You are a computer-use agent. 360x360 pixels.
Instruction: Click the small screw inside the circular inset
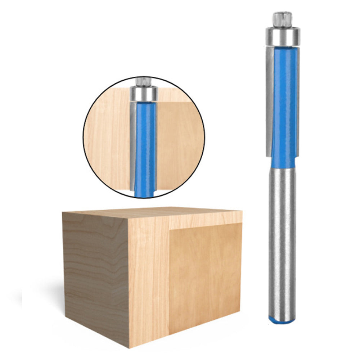point(143,81)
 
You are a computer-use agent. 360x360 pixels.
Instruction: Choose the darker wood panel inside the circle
point(176,144)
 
